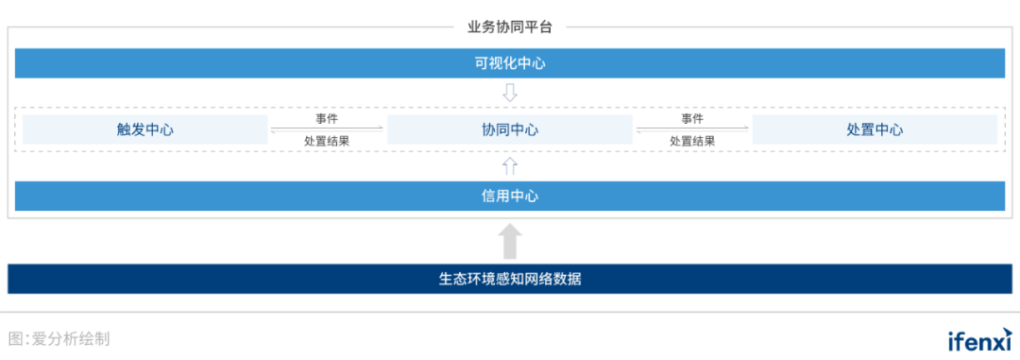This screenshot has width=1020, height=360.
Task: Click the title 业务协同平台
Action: tap(510, 26)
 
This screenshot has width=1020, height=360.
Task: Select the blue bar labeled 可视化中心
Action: tap(510, 63)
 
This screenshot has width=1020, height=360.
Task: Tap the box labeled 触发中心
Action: tap(144, 129)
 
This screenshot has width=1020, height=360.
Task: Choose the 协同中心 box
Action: tap(510, 129)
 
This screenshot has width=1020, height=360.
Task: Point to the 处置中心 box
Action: tap(875, 129)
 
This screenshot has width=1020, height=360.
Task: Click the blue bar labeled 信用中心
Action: tap(510, 196)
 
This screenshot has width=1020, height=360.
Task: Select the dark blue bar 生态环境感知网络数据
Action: tap(510, 279)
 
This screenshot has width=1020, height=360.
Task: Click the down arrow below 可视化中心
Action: tap(510, 93)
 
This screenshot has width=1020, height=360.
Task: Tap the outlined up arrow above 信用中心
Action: tap(510, 166)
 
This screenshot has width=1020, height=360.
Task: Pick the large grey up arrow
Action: tap(510, 241)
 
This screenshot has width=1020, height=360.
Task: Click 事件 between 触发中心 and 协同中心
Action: tap(327, 119)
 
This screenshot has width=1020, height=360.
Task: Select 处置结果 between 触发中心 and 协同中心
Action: tap(327, 141)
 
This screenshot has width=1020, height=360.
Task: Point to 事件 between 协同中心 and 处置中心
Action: tap(692, 119)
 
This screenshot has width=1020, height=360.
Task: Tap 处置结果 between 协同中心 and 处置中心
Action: tap(692, 141)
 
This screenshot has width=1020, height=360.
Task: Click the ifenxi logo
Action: tap(979, 339)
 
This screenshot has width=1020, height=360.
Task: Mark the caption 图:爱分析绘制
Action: tap(59, 338)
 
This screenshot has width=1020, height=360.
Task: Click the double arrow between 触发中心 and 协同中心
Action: tap(327, 129)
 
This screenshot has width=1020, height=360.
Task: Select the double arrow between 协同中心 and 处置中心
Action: tap(692, 129)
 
